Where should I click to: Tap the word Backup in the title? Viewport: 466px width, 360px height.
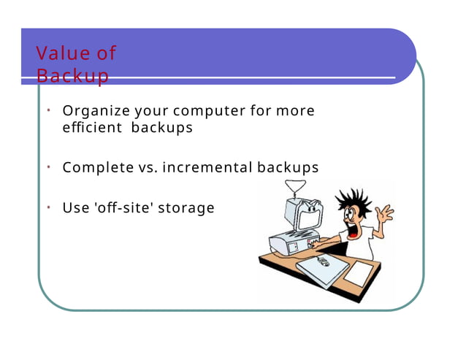tap(72, 75)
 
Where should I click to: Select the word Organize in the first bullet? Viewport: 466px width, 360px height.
tap(97, 111)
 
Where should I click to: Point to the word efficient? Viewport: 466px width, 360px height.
tap(92, 128)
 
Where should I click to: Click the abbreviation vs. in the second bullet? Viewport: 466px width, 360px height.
tap(147, 167)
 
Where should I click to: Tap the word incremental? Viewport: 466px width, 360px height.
tap(207, 167)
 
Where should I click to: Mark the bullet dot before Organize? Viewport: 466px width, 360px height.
tap(46, 110)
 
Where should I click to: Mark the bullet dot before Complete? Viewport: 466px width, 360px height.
tap(46, 166)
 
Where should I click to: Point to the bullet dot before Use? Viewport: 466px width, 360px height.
tap(46, 207)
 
